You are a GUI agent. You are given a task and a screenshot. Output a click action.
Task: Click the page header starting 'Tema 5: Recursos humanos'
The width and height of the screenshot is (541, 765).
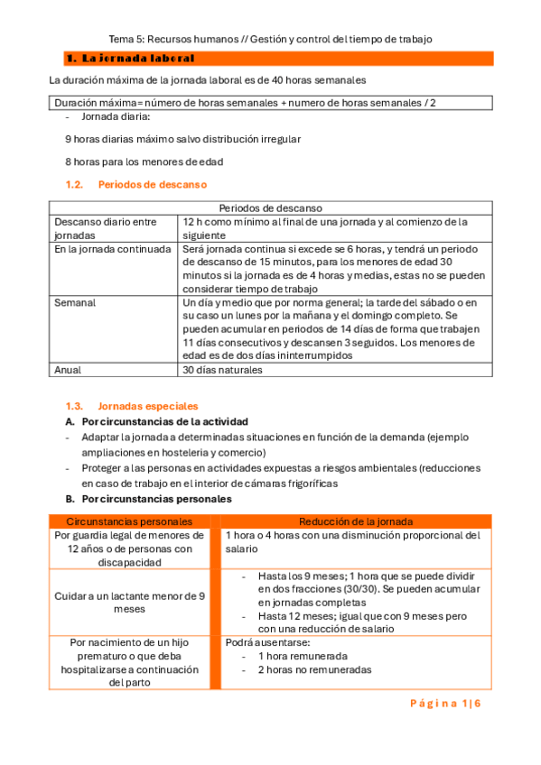click(270, 39)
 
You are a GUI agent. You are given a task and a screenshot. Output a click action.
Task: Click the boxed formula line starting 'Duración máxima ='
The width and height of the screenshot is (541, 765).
click(245, 103)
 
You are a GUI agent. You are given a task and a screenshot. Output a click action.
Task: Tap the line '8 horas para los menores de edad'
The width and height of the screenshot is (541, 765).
click(145, 162)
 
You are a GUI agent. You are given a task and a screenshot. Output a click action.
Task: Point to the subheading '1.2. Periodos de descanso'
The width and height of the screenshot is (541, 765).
click(135, 185)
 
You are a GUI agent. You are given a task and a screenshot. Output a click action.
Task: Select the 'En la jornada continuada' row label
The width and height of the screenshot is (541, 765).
click(112, 249)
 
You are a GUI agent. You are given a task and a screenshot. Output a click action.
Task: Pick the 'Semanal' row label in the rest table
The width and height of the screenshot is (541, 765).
click(75, 302)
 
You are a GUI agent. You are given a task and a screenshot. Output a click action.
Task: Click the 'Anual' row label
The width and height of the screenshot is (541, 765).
click(68, 370)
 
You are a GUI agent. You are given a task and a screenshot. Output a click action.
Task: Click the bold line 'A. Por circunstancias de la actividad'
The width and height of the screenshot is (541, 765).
click(155, 421)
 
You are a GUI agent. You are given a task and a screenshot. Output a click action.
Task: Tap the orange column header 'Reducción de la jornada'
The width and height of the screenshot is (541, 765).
click(356, 521)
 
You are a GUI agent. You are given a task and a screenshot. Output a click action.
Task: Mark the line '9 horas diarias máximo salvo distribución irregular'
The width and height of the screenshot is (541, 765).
click(183, 140)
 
